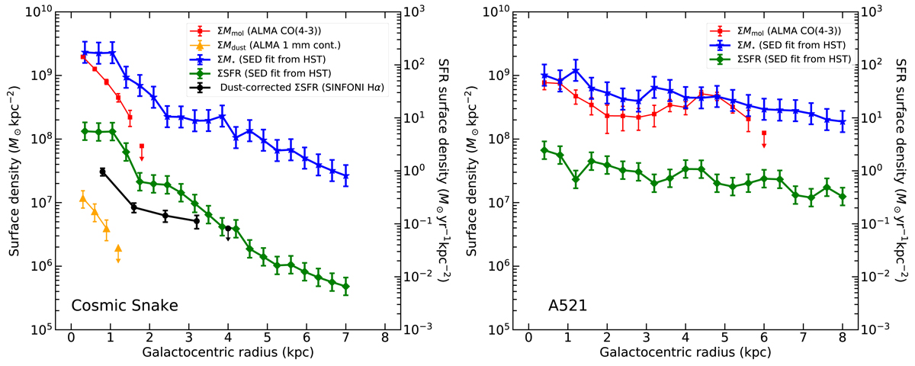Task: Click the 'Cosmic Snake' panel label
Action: [x=125, y=306]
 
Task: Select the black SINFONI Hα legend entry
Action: [x=300, y=87]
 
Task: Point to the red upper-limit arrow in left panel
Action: [x=142, y=151]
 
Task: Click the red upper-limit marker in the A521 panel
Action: [x=764, y=138]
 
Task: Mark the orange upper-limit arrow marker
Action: [x=118, y=252]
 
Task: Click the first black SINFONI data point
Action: [x=102, y=172]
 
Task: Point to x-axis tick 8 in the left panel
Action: [x=385, y=339]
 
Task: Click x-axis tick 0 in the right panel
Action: [x=528, y=339]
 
